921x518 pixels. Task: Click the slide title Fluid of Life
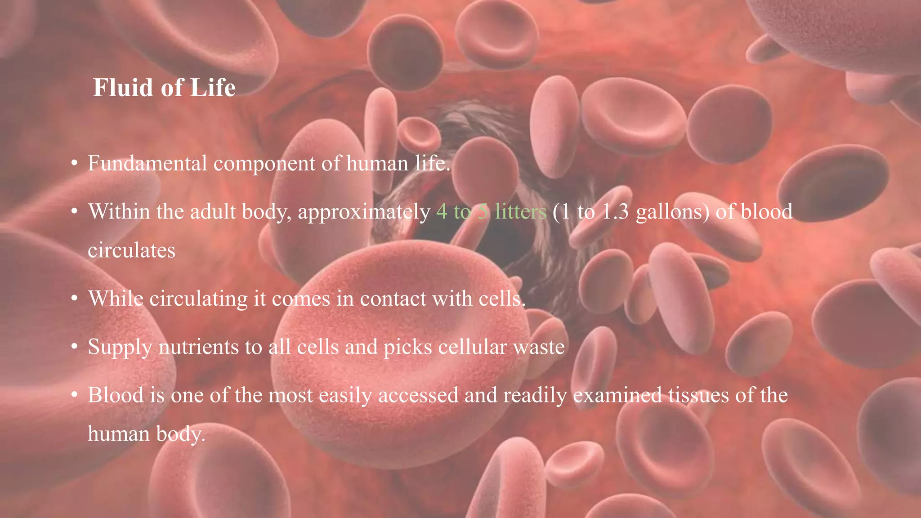click(164, 88)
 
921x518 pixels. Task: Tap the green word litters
click(520, 211)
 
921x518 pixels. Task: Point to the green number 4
click(442, 212)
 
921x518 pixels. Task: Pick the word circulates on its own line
click(131, 250)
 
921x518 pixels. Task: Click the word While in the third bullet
click(116, 299)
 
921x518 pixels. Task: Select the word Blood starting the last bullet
click(116, 395)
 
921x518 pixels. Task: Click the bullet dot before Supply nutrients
click(75, 347)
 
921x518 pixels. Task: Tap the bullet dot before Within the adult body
click(75, 212)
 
